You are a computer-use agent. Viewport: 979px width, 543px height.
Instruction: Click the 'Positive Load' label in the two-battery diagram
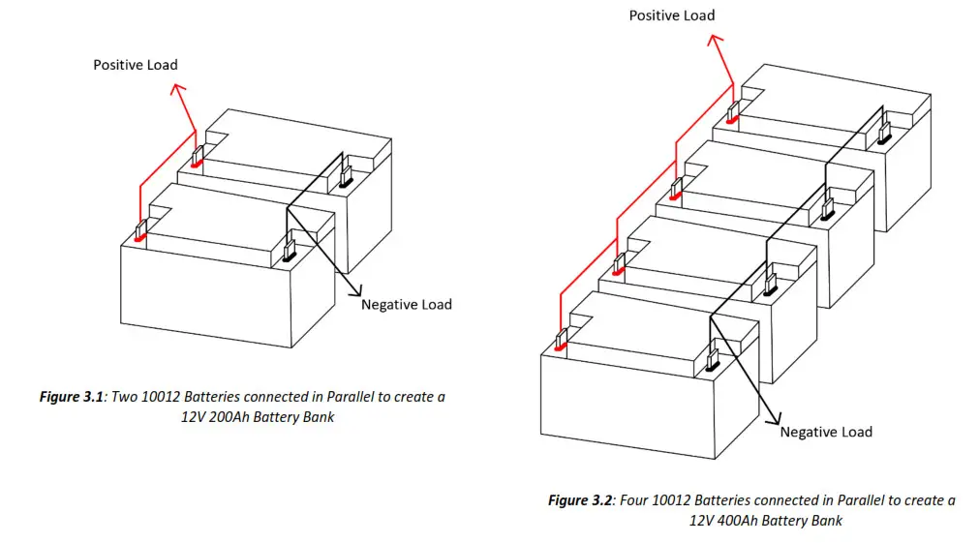[x=135, y=65]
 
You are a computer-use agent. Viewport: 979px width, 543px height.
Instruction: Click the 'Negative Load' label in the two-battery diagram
[x=406, y=304]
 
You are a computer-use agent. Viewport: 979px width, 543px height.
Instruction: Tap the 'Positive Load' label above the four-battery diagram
[x=671, y=15]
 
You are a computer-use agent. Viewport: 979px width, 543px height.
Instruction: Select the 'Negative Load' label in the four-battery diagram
[x=825, y=432]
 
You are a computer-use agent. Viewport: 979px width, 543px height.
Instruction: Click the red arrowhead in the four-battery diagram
[x=714, y=40]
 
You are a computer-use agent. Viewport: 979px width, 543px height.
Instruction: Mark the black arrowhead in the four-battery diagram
[x=775, y=419]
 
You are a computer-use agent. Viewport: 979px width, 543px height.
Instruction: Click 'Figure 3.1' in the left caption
[x=73, y=397]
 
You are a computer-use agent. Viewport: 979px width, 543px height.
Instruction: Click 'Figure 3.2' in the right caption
[x=581, y=500]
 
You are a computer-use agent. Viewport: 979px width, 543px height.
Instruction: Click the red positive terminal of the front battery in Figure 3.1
[x=140, y=232]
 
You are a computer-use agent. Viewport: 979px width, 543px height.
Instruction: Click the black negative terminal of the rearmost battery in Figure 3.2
[x=883, y=133]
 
